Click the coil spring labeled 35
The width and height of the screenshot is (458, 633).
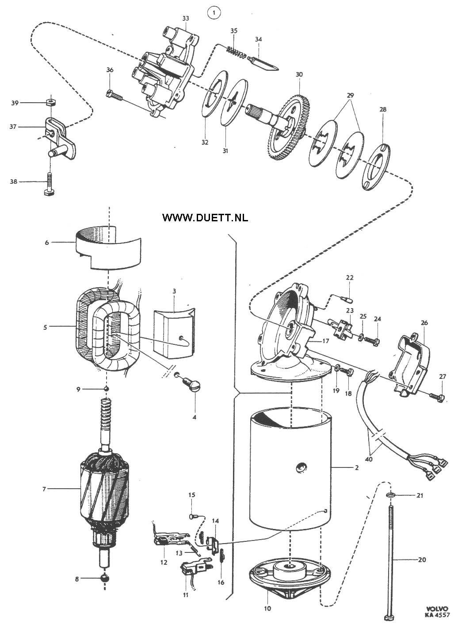tap(236, 53)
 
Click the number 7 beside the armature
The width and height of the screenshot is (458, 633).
tap(44, 489)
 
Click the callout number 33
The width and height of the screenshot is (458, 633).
tap(186, 18)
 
